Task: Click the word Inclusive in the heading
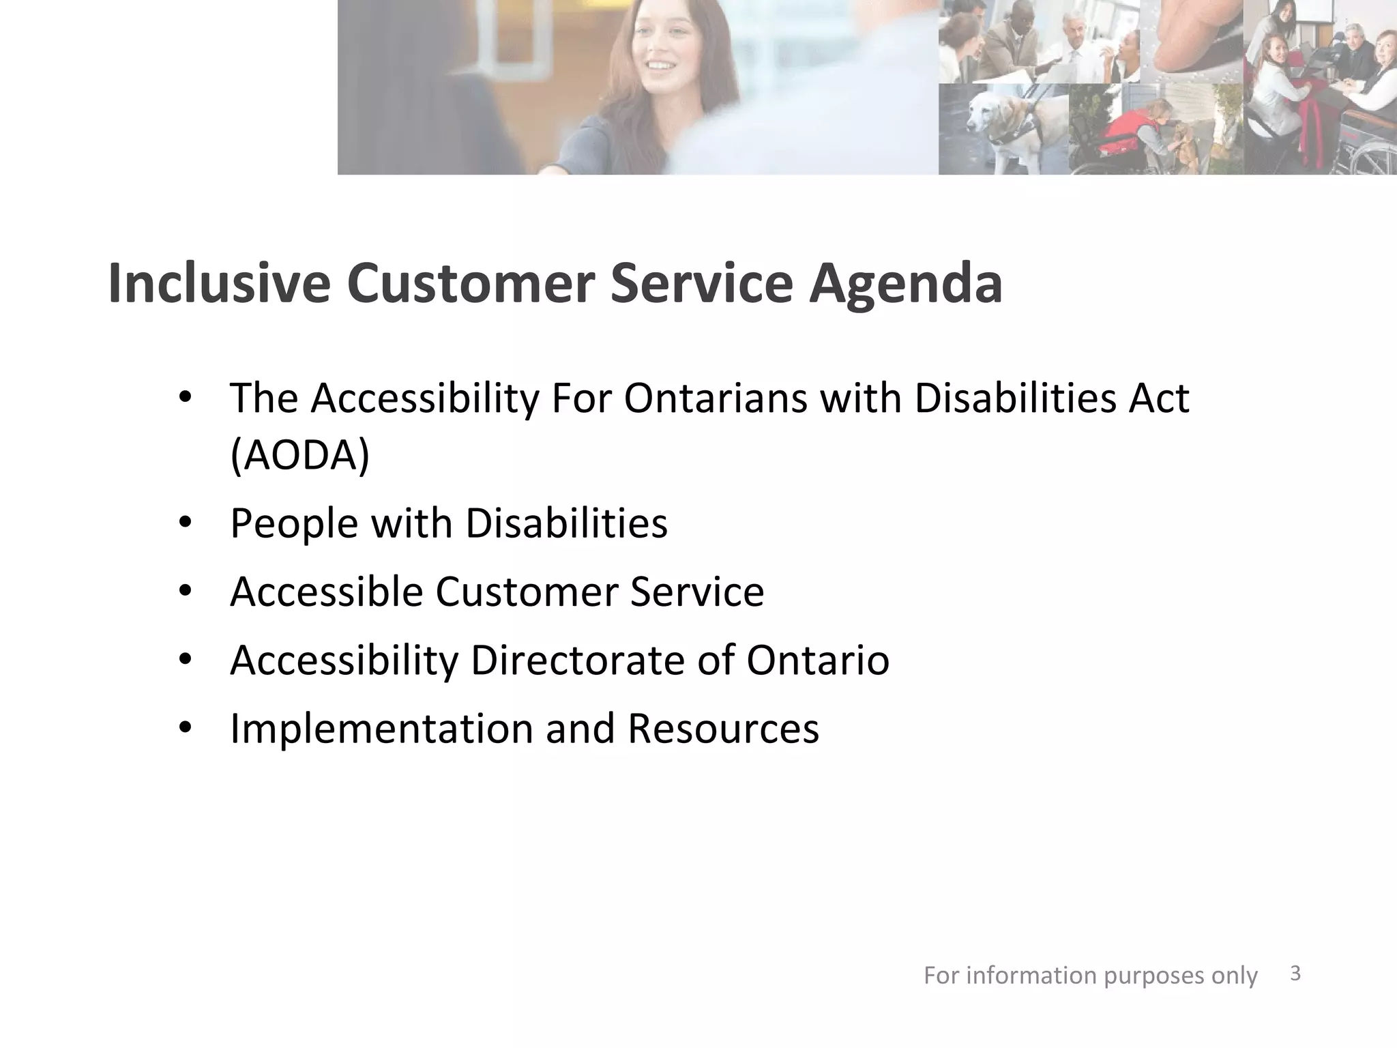(219, 283)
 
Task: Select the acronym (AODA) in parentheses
(300, 455)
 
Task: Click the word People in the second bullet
(294, 524)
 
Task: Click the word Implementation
(381, 729)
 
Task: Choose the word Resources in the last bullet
(723, 729)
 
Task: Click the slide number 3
(1295, 974)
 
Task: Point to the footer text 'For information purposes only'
(1090, 976)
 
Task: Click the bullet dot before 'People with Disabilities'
(185, 523)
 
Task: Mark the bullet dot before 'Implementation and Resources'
(185, 728)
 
